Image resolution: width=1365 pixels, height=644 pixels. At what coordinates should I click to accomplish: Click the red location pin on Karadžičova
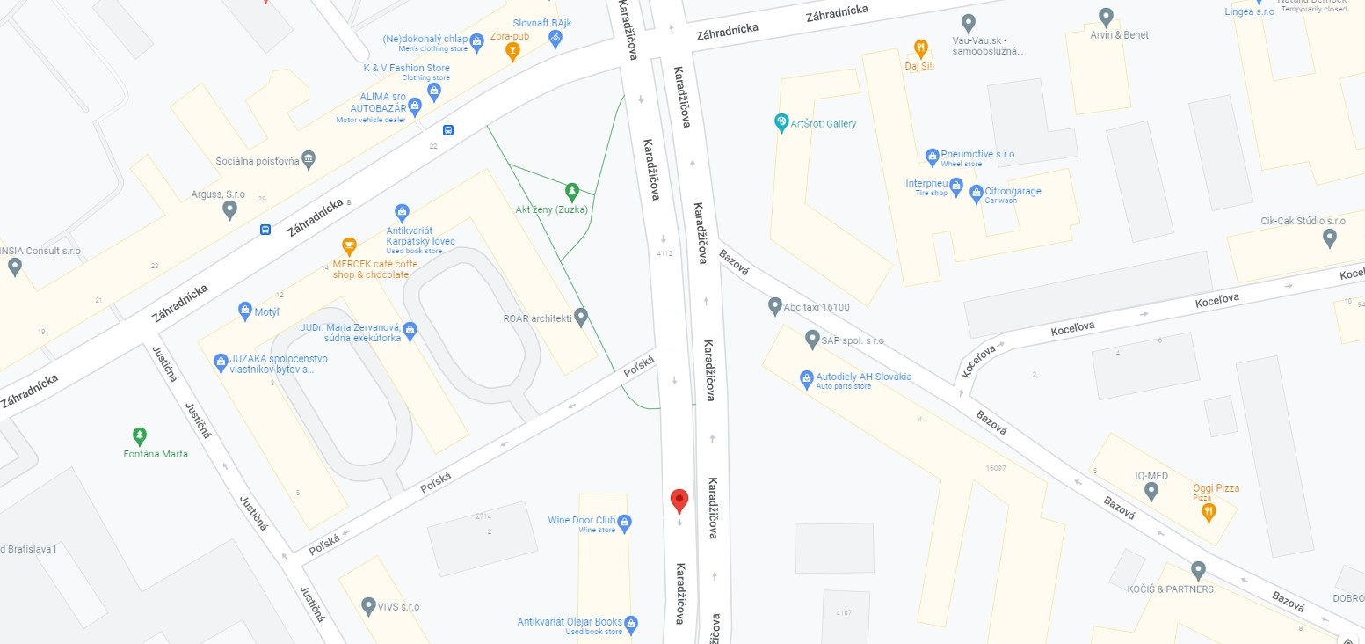pyautogui.click(x=679, y=500)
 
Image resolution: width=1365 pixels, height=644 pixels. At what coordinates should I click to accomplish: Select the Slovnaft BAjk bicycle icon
pyautogui.click(x=555, y=38)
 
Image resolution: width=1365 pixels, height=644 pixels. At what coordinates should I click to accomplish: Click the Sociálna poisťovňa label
pyautogui.click(x=259, y=161)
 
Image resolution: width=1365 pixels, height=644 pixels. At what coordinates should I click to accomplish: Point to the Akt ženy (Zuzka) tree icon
pyautogui.click(x=572, y=190)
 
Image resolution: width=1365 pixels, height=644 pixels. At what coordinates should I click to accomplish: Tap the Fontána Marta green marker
pyautogui.click(x=139, y=435)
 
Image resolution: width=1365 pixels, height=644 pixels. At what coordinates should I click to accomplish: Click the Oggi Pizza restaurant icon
pyautogui.click(x=1209, y=511)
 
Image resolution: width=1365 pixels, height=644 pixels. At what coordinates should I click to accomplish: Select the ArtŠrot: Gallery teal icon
pyautogui.click(x=781, y=122)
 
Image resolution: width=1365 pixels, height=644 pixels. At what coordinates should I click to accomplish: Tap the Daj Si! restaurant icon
pyautogui.click(x=920, y=48)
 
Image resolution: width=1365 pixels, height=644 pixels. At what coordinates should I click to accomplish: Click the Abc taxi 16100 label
pyautogui.click(x=817, y=307)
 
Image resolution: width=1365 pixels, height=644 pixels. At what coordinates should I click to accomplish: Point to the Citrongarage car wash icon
pyautogui.click(x=976, y=193)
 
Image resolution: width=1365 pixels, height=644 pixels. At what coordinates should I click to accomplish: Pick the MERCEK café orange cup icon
pyautogui.click(x=349, y=245)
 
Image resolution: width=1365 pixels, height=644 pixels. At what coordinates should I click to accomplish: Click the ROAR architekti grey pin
pyautogui.click(x=580, y=317)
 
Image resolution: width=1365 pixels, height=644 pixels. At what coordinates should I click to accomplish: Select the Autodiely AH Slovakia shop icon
pyautogui.click(x=806, y=378)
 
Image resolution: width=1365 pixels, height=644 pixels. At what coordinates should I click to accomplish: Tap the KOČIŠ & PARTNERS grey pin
pyautogui.click(x=1197, y=570)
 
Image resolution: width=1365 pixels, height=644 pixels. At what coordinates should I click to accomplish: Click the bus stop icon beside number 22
pyautogui.click(x=448, y=130)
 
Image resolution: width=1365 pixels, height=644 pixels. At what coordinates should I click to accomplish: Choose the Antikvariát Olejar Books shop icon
pyautogui.click(x=630, y=624)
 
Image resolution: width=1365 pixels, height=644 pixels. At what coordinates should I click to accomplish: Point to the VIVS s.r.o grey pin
pyautogui.click(x=369, y=606)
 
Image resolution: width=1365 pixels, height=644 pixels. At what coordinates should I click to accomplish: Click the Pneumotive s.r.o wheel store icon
pyautogui.click(x=933, y=157)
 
